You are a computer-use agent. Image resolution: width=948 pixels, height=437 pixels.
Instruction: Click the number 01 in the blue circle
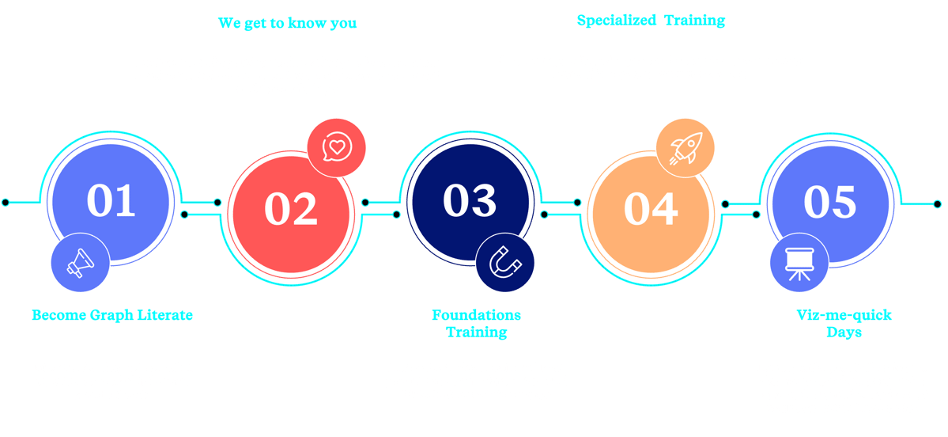[111, 201]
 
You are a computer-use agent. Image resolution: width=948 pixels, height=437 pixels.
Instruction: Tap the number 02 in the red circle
[290, 209]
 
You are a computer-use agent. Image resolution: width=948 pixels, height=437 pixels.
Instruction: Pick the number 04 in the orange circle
[650, 209]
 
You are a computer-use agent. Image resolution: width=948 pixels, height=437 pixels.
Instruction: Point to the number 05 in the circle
[829, 201]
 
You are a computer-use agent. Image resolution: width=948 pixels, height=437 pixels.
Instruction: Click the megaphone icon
[79, 264]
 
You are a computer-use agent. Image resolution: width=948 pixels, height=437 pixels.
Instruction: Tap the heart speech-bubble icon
[337, 146]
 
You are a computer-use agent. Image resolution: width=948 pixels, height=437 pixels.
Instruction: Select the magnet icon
[504, 262]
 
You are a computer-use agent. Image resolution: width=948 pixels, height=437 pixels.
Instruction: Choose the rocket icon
[685, 147]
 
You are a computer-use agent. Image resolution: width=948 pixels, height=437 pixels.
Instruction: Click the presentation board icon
[799, 263]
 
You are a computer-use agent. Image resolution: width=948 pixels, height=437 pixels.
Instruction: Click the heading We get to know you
[287, 23]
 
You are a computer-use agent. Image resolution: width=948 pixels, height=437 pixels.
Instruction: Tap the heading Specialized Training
[650, 21]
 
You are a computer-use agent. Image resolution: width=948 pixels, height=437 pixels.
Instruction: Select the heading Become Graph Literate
[111, 315]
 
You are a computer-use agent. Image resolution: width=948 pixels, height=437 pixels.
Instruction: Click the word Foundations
[476, 315]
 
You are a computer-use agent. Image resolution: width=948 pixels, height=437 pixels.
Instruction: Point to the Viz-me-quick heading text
[844, 316]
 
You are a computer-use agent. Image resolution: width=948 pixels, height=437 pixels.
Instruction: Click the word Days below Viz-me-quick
[844, 332]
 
